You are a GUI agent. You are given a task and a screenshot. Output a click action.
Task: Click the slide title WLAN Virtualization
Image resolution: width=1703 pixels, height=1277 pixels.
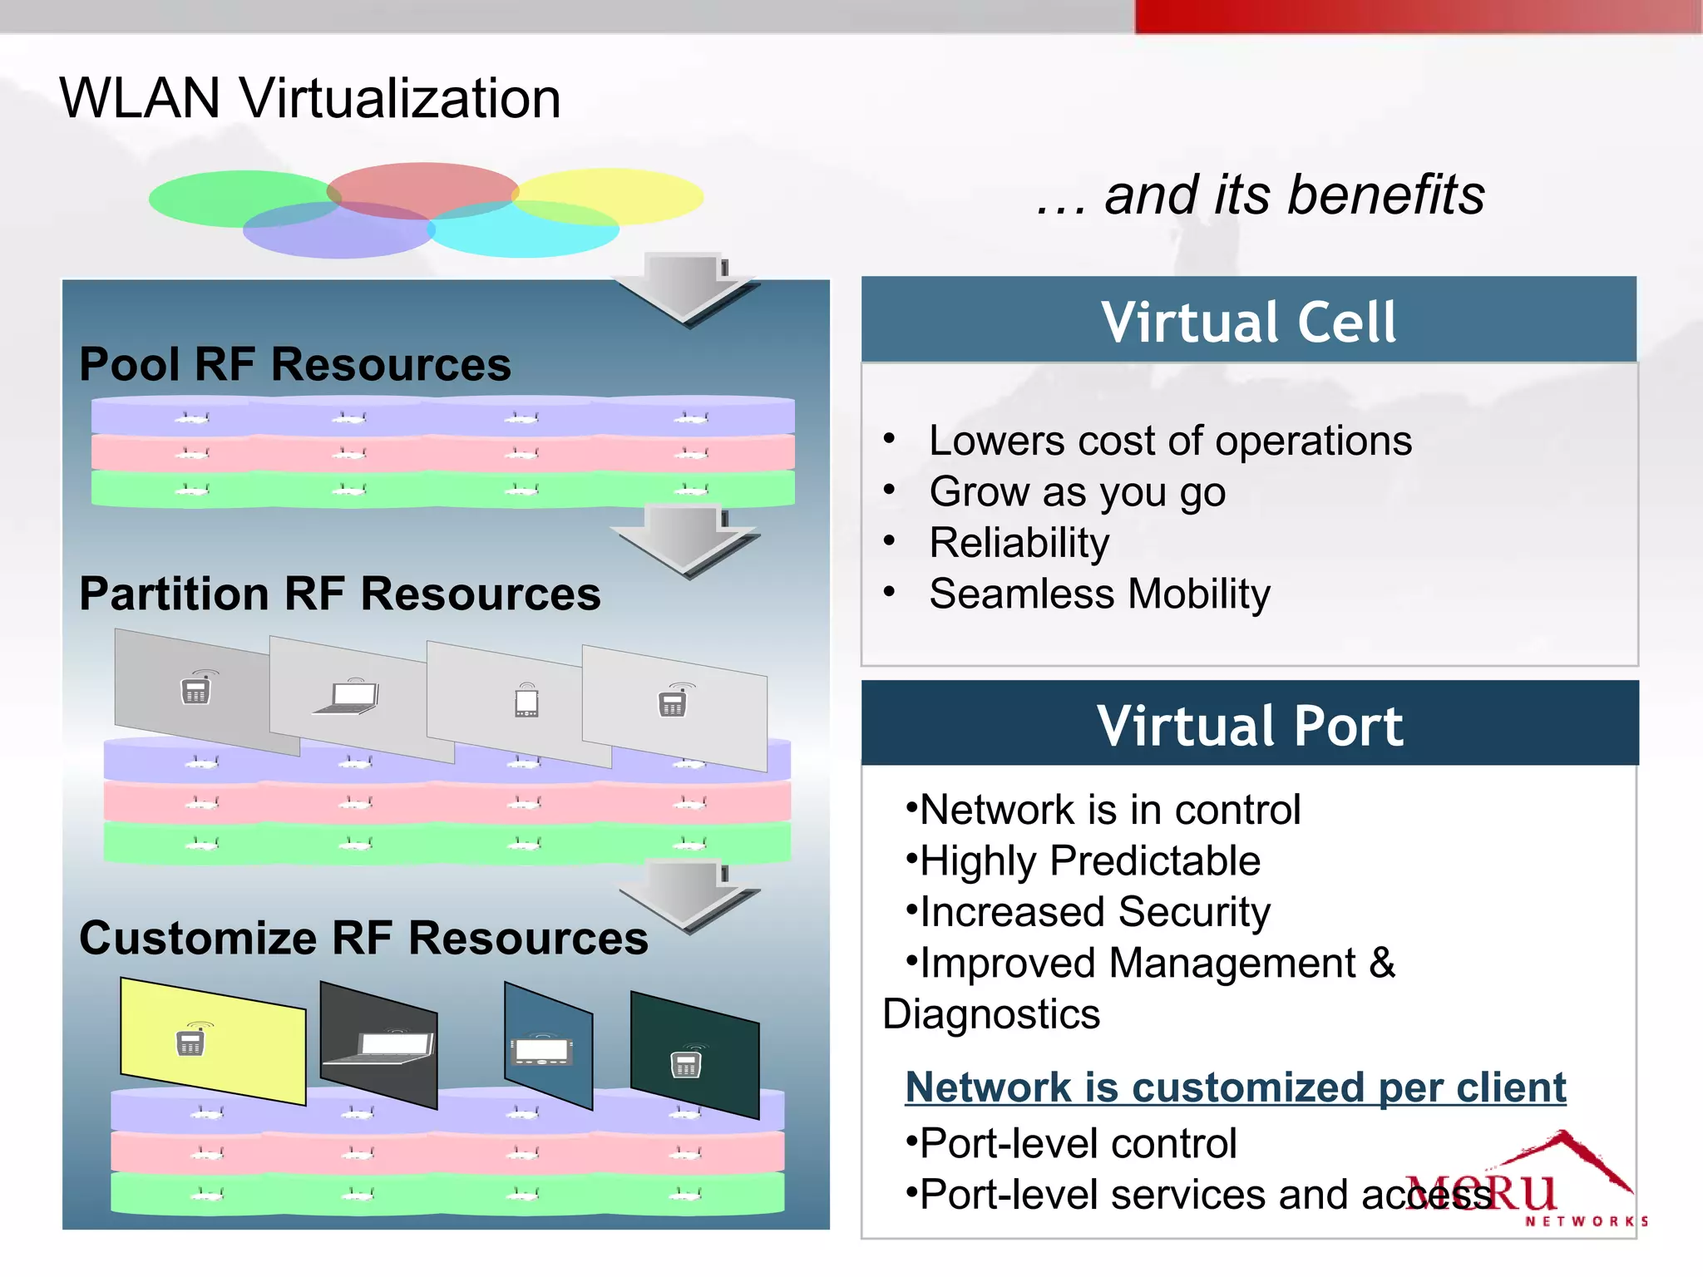point(309,98)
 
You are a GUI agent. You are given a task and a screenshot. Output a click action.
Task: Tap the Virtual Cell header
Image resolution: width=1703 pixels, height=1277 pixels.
point(1248,321)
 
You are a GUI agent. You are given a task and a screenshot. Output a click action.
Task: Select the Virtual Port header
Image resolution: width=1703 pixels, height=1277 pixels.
point(1249,725)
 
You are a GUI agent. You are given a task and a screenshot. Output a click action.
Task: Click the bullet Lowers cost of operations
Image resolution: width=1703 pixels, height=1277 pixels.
point(1170,441)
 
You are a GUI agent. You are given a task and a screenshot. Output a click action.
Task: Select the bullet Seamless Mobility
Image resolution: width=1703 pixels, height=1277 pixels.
point(1099,594)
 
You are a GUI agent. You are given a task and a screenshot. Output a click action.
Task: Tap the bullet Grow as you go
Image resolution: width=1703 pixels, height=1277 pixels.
point(1077,491)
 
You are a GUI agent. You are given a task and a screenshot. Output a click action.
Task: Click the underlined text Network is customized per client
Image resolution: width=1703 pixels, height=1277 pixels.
point(1235,1087)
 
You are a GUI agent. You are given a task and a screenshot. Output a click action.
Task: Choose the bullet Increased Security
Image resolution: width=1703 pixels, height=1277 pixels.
point(1094,912)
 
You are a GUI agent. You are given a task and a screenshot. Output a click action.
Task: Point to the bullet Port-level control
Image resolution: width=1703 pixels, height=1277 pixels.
point(1078,1143)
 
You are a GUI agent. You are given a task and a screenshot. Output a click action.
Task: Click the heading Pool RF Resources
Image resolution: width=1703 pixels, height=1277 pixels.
point(295,364)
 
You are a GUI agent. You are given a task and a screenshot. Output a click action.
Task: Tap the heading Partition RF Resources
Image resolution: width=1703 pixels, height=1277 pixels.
point(339,594)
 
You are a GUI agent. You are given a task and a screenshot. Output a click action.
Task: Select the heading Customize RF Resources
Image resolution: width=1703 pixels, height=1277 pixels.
point(363,938)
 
